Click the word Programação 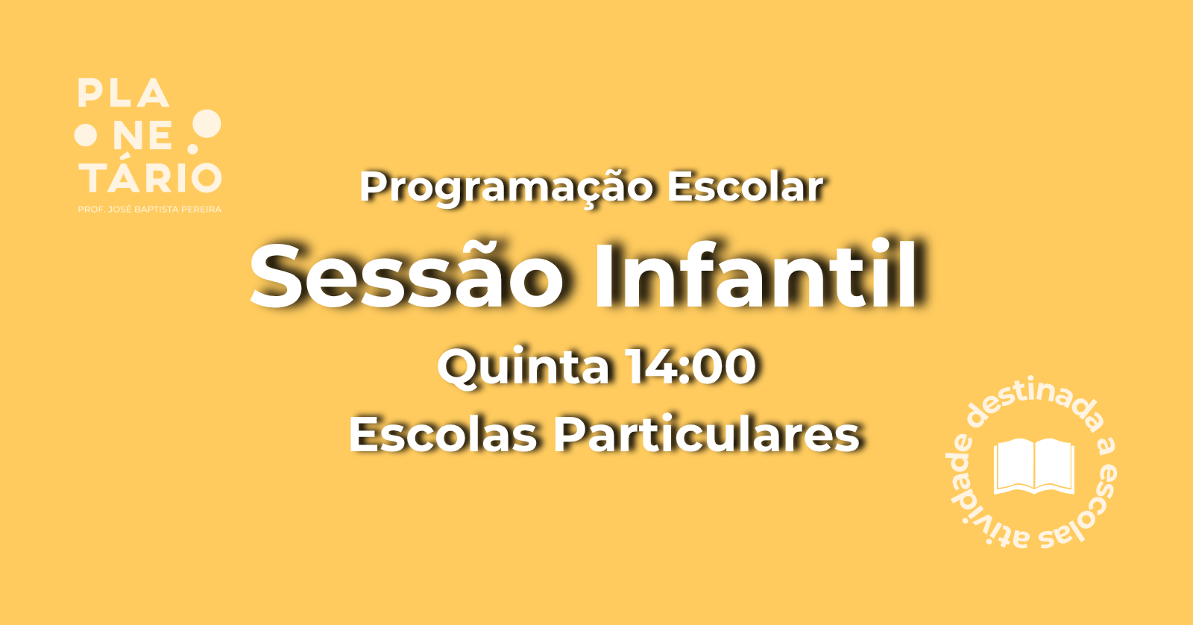(x=506, y=188)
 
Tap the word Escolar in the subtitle (x=745, y=186)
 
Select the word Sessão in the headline (x=407, y=275)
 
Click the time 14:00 (x=691, y=366)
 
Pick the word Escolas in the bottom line (x=443, y=434)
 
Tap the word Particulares (x=707, y=434)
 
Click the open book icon (x=1033, y=466)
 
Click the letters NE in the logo (x=142, y=135)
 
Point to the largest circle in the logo (x=207, y=124)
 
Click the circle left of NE (x=85, y=135)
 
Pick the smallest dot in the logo (x=193, y=149)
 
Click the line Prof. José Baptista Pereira (x=150, y=210)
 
